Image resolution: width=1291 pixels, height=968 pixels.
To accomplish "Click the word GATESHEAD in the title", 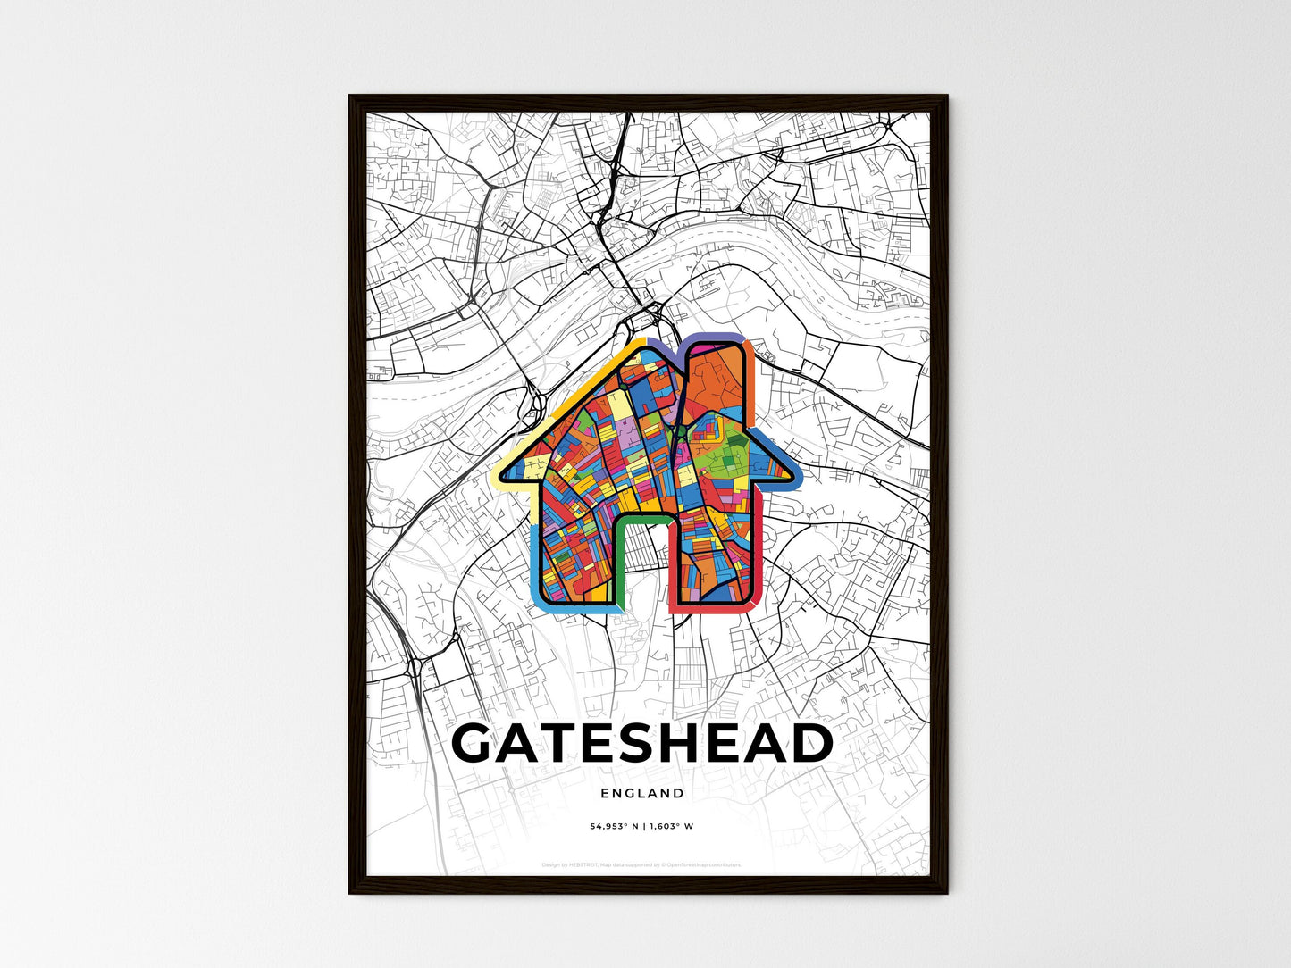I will (x=642, y=744).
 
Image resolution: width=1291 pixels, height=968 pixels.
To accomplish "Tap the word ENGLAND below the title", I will (x=642, y=793).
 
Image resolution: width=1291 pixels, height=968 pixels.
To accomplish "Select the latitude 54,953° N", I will (x=615, y=826).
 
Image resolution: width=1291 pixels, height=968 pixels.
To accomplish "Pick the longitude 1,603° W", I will (x=671, y=826).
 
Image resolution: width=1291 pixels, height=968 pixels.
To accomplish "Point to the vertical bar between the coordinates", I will (x=643, y=826).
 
